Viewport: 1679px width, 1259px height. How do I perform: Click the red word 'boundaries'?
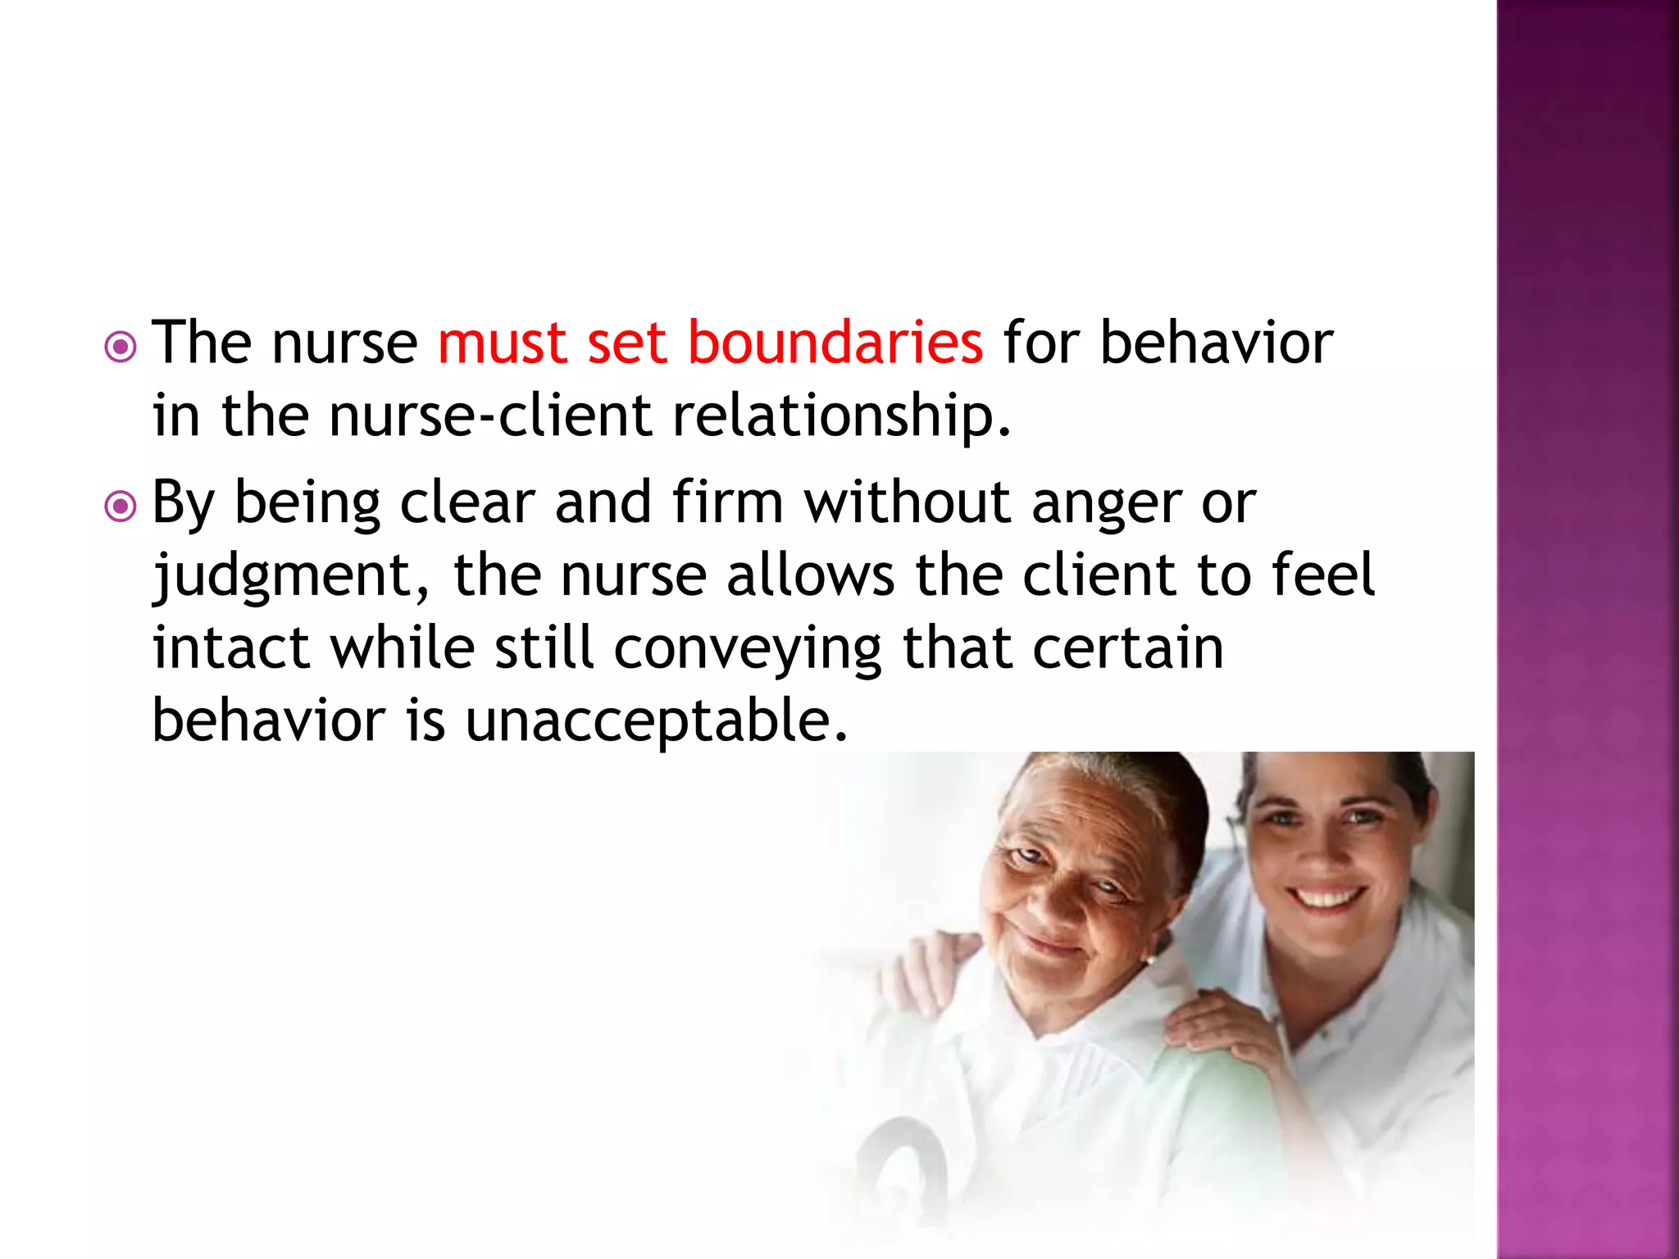(x=835, y=343)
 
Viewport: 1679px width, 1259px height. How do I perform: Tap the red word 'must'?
(x=502, y=343)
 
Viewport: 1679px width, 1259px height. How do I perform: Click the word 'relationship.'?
(x=842, y=416)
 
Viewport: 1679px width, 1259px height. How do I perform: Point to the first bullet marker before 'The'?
(x=121, y=348)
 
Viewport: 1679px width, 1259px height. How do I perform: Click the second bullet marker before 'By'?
(x=121, y=507)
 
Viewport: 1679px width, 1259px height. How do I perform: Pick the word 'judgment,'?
(x=291, y=576)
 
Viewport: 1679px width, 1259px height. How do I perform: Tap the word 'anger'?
(x=1106, y=502)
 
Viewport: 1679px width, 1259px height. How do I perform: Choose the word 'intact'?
(x=231, y=648)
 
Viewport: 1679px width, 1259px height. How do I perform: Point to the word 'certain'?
(x=1128, y=648)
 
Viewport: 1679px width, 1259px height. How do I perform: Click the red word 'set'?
(x=626, y=343)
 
